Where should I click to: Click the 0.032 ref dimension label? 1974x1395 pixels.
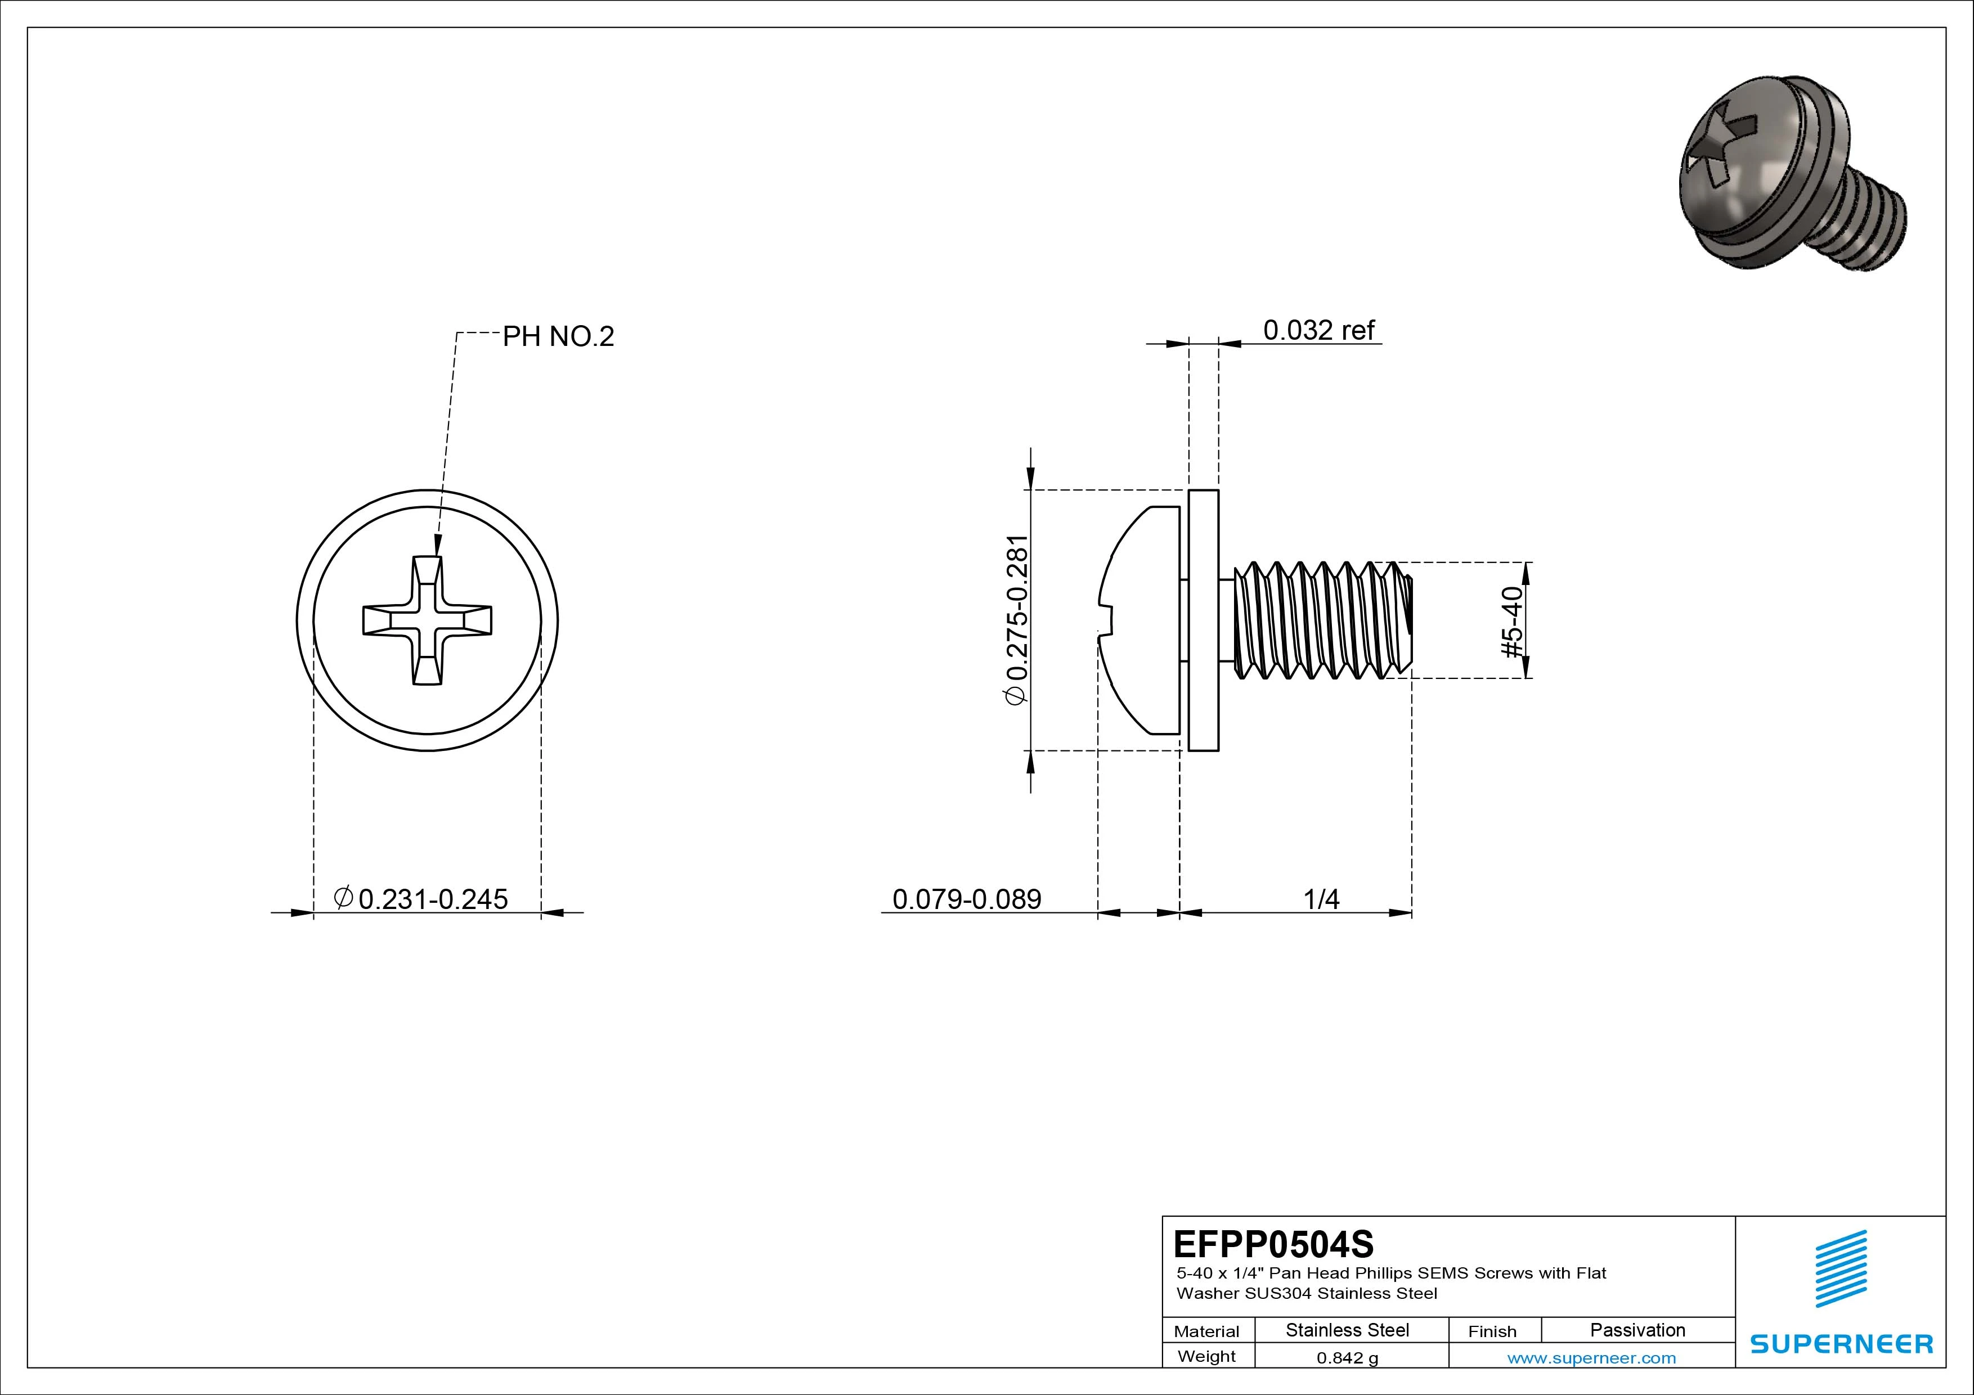coord(1318,330)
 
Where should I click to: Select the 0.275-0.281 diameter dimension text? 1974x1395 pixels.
coord(1017,620)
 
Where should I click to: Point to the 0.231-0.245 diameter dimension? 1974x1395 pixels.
coord(421,899)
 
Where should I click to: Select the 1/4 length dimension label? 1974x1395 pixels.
coord(1321,899)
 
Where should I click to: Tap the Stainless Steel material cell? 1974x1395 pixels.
coord(1347,1330)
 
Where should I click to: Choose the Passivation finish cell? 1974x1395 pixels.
coord(1637,1330)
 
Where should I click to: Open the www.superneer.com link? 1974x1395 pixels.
coord(1591,1358)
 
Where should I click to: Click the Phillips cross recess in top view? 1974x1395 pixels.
coord(427,620)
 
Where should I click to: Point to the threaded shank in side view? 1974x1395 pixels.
coord(1320,620)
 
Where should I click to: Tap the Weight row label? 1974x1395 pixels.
coord(1206,1356)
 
